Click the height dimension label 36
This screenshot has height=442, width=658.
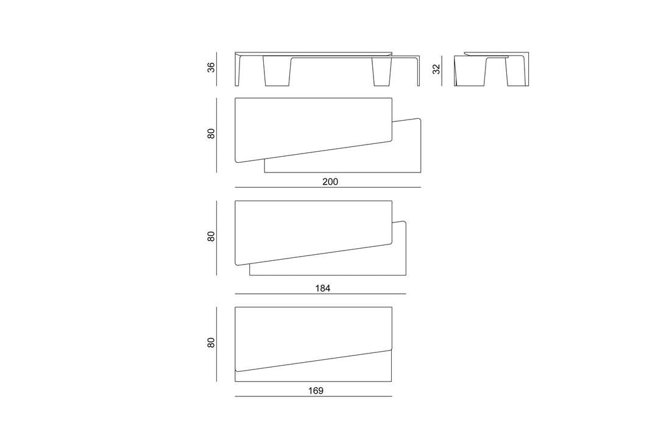click(211, 67)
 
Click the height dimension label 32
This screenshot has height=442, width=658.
click(436, 70)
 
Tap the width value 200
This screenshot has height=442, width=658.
click(330, 182)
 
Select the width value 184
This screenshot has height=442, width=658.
click(323, 288)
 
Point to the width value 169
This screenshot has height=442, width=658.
click(316, 391)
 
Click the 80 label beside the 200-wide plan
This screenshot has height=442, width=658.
click(211, 134)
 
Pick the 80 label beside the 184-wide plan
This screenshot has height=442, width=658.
click(211, 237)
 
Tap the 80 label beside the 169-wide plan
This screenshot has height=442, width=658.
click(211, 343)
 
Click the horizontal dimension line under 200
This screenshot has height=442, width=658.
click(328, 187)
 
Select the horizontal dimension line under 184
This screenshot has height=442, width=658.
click(320, 294)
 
